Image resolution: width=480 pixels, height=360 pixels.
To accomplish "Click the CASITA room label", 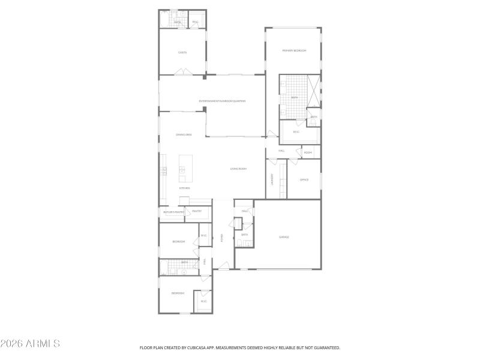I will [x=182, y=53].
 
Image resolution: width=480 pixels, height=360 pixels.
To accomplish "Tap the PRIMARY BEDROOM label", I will [x=294, y=51].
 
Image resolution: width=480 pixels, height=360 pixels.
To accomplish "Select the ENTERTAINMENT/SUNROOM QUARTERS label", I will [x=223, y=101].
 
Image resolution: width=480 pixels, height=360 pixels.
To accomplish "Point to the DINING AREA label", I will [x=184, y=135].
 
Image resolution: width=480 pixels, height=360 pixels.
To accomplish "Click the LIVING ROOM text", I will [x=238, y=169].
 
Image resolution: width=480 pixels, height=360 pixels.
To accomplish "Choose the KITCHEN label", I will [x=184, y=188].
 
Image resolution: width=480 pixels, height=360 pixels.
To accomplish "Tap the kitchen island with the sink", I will [x=185, y=169].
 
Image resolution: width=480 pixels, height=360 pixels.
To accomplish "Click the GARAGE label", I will [x=284, y=237].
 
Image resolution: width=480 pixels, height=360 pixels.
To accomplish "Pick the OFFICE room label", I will [x=304, y=179].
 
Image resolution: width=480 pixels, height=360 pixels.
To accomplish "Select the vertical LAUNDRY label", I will [x=272, y=179].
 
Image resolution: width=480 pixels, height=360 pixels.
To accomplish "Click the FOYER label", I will [x=221, y=238].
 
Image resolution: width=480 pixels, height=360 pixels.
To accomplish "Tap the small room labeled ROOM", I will [x=308, y=152].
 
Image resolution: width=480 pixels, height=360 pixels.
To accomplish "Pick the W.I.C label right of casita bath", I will [x=196, y=22].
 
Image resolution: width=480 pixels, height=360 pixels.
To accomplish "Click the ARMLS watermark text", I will [x=30, y=344].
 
